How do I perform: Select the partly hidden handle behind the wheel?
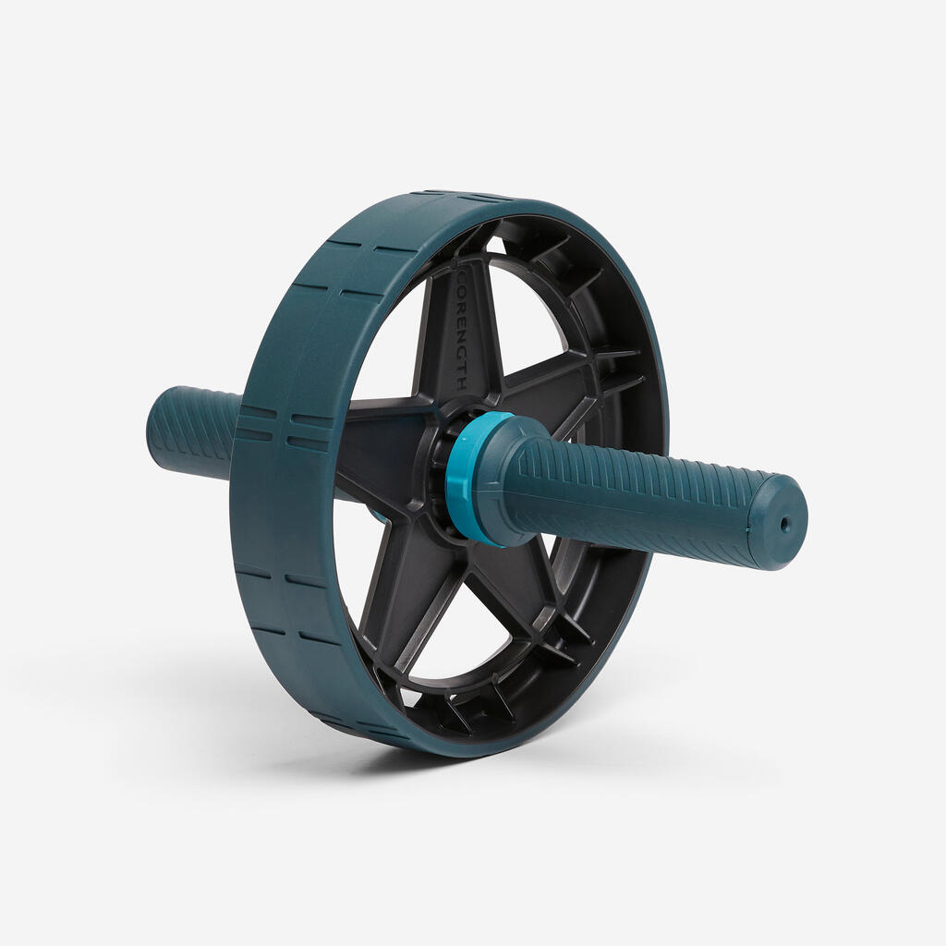(x=193, y=431)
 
